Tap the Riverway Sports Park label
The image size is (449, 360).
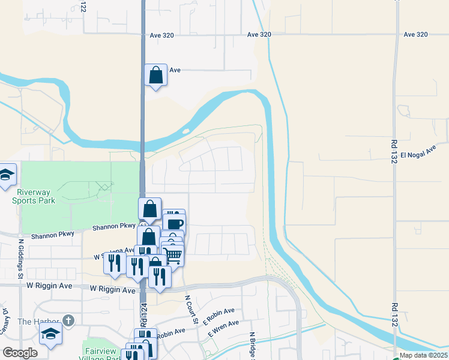coord(38,196)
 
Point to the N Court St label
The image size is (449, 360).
coord(191,310)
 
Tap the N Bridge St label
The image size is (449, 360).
coord(253,345)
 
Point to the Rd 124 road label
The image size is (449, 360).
coord(144,315)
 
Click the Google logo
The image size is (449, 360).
coord(20,353)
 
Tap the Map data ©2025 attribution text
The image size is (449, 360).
coord(424,355)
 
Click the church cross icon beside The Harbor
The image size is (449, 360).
coord(69,321)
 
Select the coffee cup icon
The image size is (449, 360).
coord(174,224)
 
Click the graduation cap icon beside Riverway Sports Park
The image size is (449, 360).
coord(6,175)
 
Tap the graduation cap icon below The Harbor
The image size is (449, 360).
coord(51,334)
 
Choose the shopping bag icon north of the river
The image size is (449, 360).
coord(155,76)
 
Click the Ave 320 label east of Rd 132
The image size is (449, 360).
coord(415,35)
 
